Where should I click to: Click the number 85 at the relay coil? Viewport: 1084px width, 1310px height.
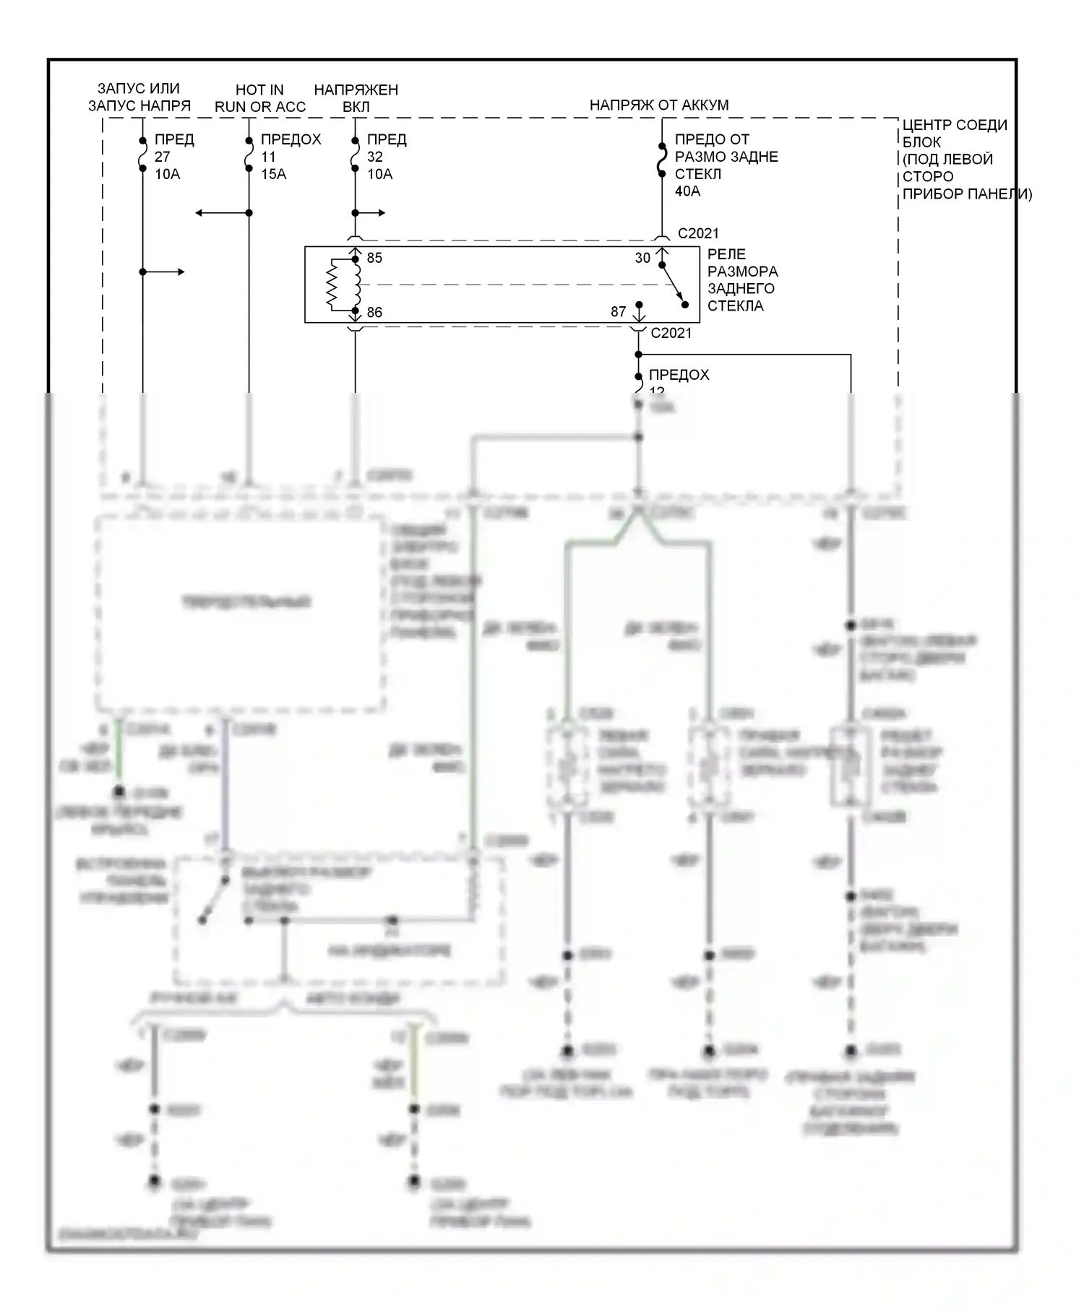click(374, 258)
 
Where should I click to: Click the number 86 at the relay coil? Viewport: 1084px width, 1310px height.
click(374, 313)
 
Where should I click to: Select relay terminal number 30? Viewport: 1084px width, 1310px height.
click(642, 258)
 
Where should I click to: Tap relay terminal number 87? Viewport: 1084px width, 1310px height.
click(618, 312)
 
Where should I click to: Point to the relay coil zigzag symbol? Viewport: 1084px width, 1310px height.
click(333, 285)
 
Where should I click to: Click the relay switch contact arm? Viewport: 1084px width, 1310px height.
click(674, 285)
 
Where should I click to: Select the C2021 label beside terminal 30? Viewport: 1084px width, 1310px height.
click(698, 233)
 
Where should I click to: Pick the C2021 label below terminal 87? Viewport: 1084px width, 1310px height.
click(671, 333)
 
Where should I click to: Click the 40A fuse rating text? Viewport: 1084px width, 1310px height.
click(687, 191)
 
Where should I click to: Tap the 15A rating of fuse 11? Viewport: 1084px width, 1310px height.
click(273, 174)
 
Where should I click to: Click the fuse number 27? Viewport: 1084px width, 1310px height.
click(163, 157)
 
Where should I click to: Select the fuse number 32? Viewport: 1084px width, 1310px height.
click(375, 157)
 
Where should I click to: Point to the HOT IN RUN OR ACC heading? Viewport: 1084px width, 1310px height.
click(260, 98)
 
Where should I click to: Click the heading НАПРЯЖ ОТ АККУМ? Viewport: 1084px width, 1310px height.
click(659, 105)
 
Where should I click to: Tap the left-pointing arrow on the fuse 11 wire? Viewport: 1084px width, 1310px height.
click(200, 213)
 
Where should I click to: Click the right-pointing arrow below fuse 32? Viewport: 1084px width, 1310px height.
click(381, 213)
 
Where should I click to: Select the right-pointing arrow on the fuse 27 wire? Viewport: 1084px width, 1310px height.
click(180, 272)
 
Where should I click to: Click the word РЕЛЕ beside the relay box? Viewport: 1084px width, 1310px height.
click(726, 254)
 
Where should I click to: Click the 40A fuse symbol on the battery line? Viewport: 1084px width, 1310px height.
click(661, 160)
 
